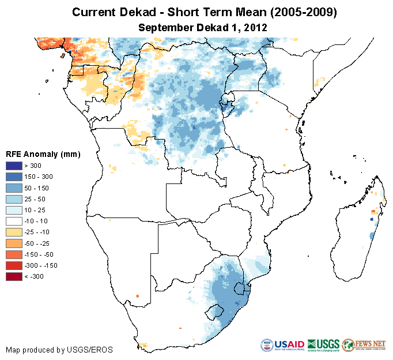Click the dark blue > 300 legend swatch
pos(14,166)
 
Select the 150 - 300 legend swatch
pos(14,177)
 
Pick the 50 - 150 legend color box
pos(14,188)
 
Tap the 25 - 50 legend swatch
pos(14,199)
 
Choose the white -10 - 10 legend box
pos(14,221)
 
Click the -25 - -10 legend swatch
pos(14,232)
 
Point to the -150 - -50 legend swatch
pos(14,254)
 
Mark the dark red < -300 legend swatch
pos(14,276)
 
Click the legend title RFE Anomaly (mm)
pos(43,154)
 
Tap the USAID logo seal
pos(267,346)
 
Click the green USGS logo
pos(323,346)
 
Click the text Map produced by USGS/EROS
pos(59,350)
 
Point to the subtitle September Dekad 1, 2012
pos(202,27)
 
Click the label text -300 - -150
pos(46,265)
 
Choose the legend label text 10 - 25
pos(39,210)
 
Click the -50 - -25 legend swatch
pos(14,243)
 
